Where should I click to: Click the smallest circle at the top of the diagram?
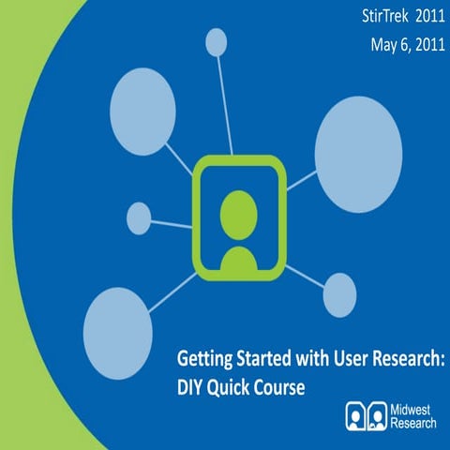(x=217, y=41)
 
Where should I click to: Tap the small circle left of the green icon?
(x=138, y=217)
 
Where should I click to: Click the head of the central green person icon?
(x=238, y=212)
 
